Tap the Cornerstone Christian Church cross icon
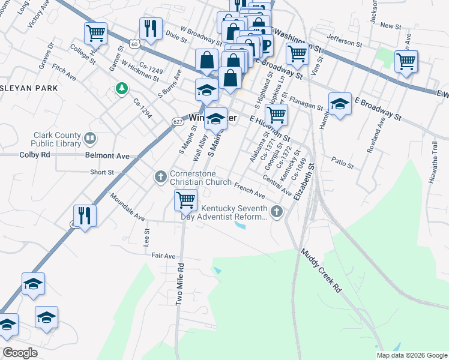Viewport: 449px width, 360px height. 160,177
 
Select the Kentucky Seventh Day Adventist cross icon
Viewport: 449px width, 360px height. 276,211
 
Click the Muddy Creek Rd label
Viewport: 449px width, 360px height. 321,271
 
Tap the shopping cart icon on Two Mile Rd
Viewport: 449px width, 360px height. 185,200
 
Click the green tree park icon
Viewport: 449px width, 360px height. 122,89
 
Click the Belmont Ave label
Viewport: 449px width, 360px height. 107,156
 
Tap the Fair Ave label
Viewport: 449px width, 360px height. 163,256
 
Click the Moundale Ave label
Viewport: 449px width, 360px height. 128,206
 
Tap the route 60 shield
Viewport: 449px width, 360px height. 136,44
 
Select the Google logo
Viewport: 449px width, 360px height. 20,352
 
